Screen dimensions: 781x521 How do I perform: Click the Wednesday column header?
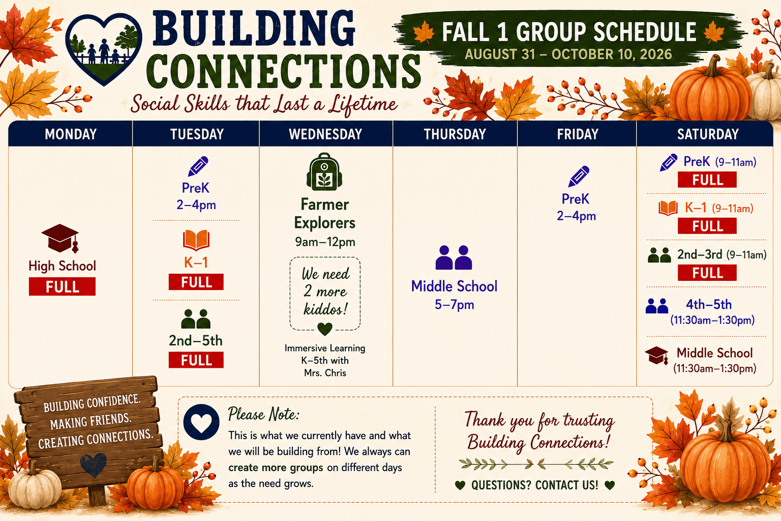325,134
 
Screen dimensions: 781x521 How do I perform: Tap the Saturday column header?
708,134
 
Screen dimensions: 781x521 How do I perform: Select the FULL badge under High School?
62,286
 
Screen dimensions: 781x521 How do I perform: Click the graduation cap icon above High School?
60,238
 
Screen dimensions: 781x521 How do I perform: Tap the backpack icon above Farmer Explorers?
324,171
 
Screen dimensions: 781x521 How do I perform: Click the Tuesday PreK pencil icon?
198,166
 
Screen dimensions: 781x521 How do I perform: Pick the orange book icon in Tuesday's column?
196,240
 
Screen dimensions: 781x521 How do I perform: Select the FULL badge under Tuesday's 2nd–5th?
196,360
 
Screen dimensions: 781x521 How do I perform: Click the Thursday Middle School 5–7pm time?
454,305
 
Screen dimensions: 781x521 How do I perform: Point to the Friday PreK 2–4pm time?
576,216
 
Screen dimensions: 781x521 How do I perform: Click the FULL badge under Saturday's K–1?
707,226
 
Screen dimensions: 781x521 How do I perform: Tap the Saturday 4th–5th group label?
709,305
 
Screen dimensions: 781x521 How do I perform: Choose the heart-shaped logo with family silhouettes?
104,49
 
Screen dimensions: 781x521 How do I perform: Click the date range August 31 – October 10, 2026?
568,54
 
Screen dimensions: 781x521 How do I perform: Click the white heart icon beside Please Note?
201,422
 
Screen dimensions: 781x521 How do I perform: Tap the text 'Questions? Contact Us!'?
534,485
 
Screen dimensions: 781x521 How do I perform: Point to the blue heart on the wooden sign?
93,465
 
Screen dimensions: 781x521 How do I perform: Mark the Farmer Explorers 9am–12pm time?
325,242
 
